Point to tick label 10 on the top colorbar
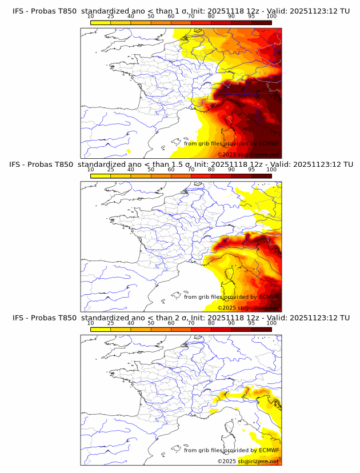pos(90,17)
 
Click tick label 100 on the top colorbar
pos(271,17)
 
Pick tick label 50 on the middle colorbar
pos(151,170)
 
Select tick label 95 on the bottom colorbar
pos(251,323)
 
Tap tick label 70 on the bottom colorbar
pos(191,323)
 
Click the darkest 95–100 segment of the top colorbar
pos(261,22)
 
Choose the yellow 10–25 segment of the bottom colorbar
pos(101,328)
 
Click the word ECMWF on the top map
pos(269,144)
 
